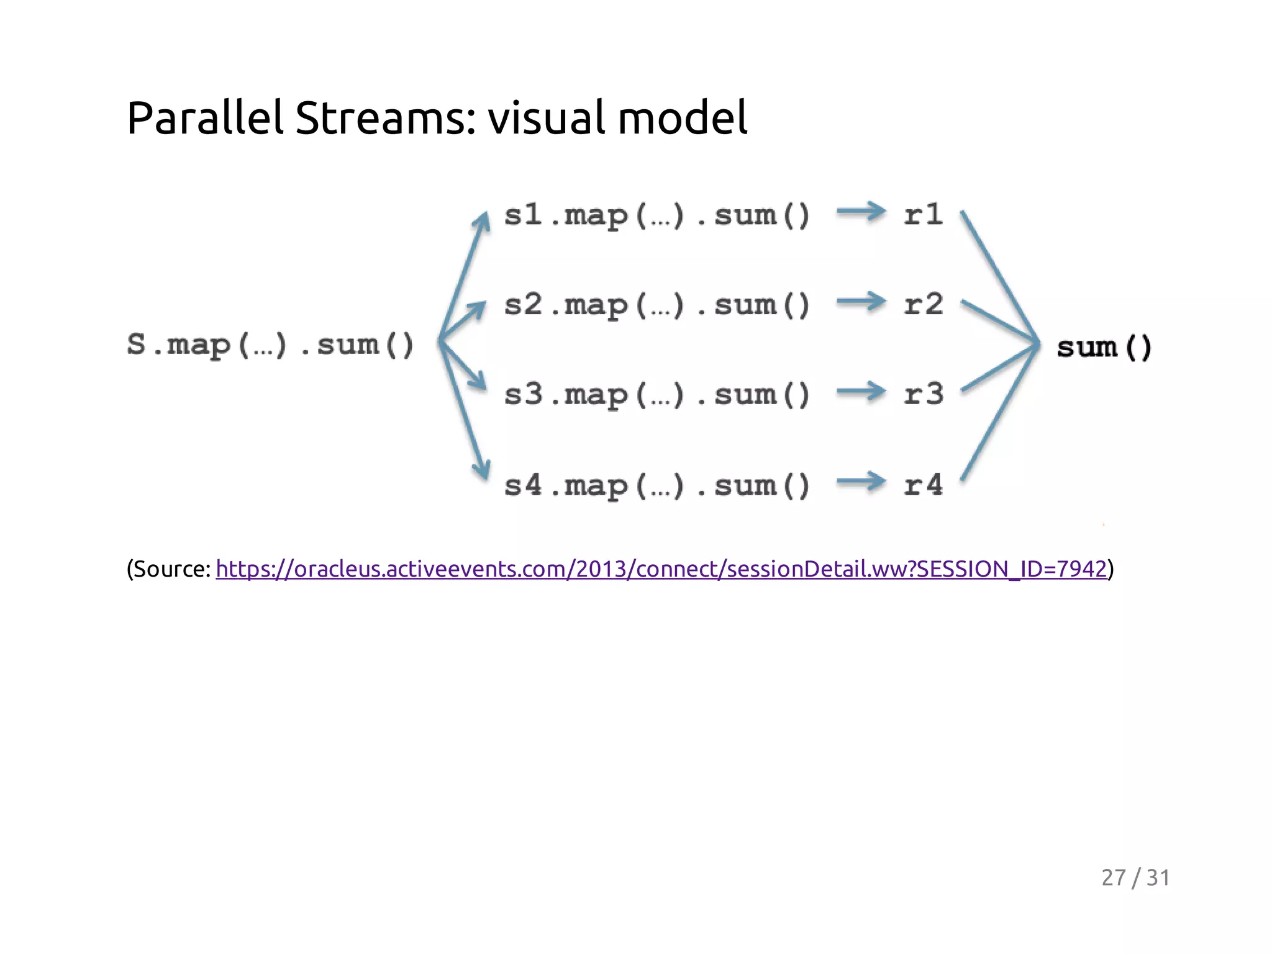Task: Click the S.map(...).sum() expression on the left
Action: [x=270, y=345]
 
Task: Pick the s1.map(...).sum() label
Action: [x=657, y=216]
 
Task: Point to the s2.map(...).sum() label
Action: [x=657, y=305]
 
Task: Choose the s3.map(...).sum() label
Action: [x=657, y=395]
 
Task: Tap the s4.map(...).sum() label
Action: [x=657, y=485]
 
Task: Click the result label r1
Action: [x=924, y=215]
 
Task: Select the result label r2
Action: [x=924, y=304]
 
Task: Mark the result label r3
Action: [x=924, y=394]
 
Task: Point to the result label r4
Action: [x=924, y=484]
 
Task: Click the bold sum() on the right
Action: [x=1104, y=347]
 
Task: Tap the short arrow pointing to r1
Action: [x=861, y=212]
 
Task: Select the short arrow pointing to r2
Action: [x=861, y=302]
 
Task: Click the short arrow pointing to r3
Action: [x=861, y=391]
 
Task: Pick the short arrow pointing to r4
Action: [x=861, y=481]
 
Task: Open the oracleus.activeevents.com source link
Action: [x=661, y=569]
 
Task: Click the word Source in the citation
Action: [x=171, y=569]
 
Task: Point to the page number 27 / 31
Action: [x=1135, y=878]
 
